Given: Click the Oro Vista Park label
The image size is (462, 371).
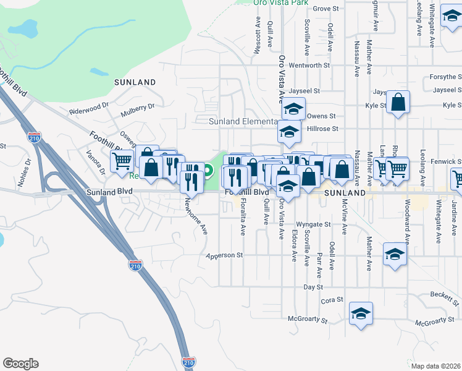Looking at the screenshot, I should pos(281,2).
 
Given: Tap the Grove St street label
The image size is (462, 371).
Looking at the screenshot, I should pos(327,9).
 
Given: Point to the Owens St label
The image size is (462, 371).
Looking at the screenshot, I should pos(321,116).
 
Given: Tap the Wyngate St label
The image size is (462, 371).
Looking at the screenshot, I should pos(309,224).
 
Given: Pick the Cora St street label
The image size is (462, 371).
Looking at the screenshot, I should pos(329,301).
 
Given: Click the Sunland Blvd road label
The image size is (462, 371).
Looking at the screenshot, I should pos(110,192).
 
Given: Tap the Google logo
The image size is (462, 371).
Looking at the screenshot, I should pos(20,364).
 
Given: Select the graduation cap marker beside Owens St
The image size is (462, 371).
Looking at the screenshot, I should pos(294,109).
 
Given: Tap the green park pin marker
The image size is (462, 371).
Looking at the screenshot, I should pos(209,171).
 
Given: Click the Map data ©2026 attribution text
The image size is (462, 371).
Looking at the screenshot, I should pos(435,366).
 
